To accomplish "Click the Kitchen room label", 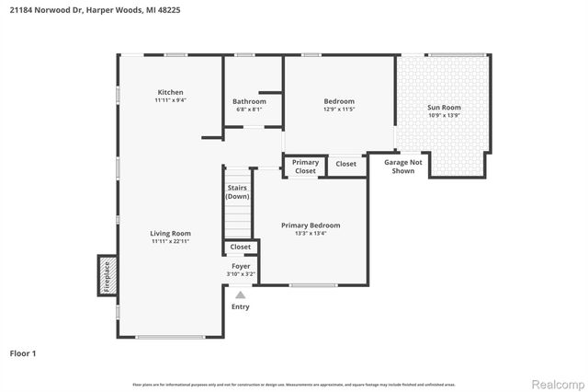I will (x=170, y=92).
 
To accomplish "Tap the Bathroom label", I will (x=248, y=101).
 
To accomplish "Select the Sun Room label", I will (x=444, y=108).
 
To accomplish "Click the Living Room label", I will (x=170, y=234).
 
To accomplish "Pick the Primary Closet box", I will (x=305, y=167).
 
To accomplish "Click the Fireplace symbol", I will (x=107, y=275).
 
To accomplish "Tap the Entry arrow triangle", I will (x=241, y=294).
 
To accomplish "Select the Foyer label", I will (x=241, y=266).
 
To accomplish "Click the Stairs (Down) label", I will (x=238, y=191).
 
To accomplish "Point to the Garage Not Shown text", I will (x=402, y=166).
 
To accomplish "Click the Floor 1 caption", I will (x=23, y=352).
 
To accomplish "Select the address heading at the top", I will (x=81, y=11).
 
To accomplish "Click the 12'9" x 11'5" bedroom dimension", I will (x=339, y=110).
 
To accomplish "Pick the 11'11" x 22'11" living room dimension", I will (x=170, y=241).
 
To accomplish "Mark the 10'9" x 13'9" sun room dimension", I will (x=444, y=115).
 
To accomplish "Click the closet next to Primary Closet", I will (x=346, y=164).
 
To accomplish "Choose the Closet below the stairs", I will (x=241, y=247).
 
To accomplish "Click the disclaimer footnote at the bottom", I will (x=294, y=384).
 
